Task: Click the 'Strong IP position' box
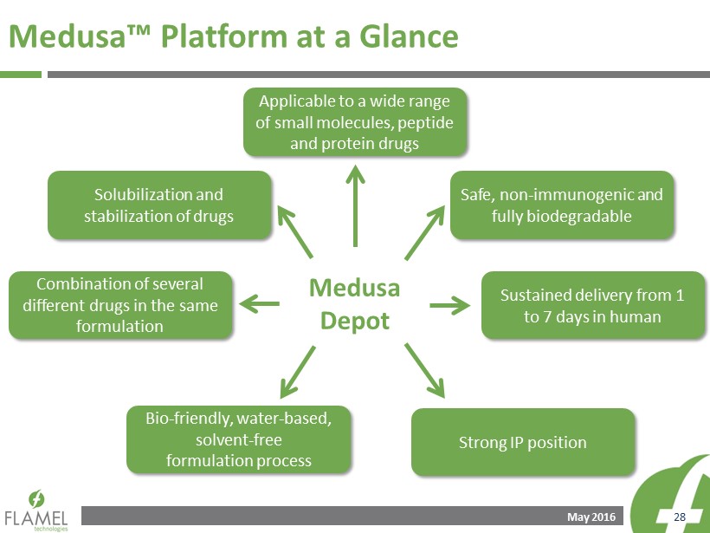pyautogui.click(x=523, y=442)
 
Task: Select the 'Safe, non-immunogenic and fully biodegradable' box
pyautogui.click(x=562, y=205)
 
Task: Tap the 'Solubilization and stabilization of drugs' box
pyautogui.click(x=159, y=205)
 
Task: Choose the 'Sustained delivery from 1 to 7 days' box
pyautogui.click(x=593, y=305)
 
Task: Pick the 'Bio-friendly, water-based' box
pyautogui.click(x=239, y=439)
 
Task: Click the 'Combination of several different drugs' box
pyautogui.click(x=120, y=305)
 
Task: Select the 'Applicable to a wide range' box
pyautogui.click(x=355, y=122)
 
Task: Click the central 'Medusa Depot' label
pyautogui.click(x=354, y=304)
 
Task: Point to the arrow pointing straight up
pyautogui.click(x=356, y=205)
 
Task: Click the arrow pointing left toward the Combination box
pyautogui.click(x=259, y=303)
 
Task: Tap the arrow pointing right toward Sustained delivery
pyautogui.click(x=449, y=305)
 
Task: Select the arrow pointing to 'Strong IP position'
pyautogui.click(x=425, y=371)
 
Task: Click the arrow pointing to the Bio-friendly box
pyautogui.click(x=298, y=372)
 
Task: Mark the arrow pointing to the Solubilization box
pyautogui.click(x=295, y=232)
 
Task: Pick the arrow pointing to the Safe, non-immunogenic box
pyautogui.click(x=425, y=232)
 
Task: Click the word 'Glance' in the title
pyautogui.click(x=409, y=36)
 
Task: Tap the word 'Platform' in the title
pyautogui.click(x=224, y=36)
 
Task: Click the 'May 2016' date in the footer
pyautogui.click(x=591, y=517)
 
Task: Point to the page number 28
pyautogui.click(x=680, y=517)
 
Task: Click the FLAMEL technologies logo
pyautogui.click(x=36, y=510)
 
